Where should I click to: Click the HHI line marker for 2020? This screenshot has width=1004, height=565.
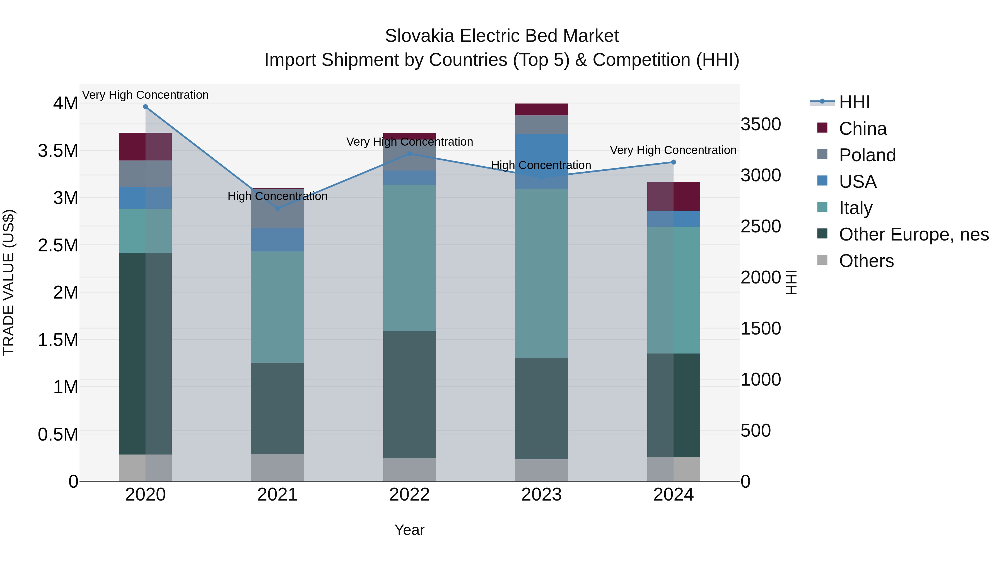(145, 107)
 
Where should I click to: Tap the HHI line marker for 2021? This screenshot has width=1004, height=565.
(277, 209)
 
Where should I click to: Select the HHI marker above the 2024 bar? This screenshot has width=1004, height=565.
(674, 162)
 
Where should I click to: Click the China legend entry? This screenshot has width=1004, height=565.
(863, 129)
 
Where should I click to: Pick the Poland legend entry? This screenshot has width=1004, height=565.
(867, 155)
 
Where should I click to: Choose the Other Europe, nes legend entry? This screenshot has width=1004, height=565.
(914, 234)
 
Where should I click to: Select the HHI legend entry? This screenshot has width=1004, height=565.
(854, 102)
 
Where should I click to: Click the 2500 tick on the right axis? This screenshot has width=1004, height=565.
(761, 227)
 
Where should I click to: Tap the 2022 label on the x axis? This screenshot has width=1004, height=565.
(409, 495)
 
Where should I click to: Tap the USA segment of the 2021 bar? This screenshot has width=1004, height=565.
(277, 239)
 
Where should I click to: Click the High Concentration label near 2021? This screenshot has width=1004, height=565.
(277, 196)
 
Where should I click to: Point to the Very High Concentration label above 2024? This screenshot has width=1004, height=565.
(673, 150)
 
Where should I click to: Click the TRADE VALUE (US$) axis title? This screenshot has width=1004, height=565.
(9, 282)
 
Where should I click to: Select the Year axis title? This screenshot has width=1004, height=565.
(409, 530)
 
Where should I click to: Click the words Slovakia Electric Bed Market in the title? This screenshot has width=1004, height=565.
(502, 36)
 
